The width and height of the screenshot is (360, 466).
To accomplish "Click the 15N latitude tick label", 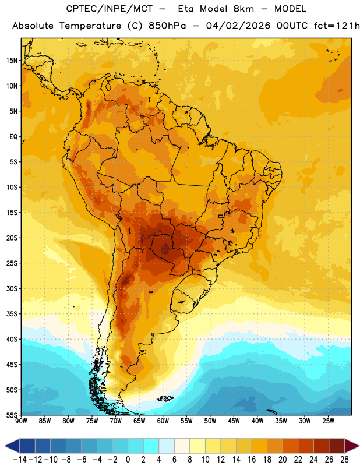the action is tap(12, 61).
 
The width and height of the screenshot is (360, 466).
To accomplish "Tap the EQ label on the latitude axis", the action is tap(13, 137).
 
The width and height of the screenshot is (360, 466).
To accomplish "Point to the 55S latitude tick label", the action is tap(12, 415).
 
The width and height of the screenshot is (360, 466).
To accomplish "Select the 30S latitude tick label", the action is tap(12, 288).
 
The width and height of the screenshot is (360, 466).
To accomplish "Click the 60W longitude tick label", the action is tap(163, 421).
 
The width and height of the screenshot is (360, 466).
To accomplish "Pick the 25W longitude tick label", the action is tap(328, 421).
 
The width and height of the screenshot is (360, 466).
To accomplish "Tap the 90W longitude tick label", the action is tap(21, 421).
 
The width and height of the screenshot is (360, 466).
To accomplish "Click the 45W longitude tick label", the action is tap(234, 421).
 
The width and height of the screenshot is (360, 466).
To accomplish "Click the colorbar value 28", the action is tap(344, 460).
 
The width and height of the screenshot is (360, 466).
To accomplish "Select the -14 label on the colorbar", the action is tap(20, 460).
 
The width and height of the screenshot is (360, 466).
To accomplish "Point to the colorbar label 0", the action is tap(128, 460).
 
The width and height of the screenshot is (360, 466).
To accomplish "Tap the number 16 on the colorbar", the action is tap(252, 460).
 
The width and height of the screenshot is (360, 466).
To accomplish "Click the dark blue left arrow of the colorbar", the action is tap(12, 446).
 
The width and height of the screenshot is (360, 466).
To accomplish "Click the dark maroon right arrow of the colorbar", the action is tap(352, 446).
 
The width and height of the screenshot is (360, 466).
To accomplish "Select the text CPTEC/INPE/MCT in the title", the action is tap(110, 9).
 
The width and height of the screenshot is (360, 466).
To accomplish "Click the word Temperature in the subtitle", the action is tap(90, 26).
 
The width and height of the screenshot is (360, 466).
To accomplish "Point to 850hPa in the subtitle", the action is tap(167, 26).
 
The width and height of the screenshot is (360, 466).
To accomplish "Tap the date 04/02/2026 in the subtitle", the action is tap(238, 26).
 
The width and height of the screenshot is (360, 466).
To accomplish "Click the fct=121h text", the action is tap(337, 26).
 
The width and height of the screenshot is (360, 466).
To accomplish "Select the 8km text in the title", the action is tap(243, 9).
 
